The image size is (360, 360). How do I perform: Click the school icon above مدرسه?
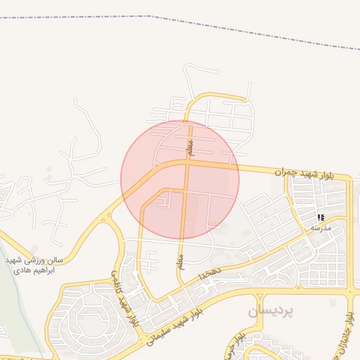point(321,217)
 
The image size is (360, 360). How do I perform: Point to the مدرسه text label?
point(320,228)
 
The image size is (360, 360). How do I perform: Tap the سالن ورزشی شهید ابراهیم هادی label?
point(34,264)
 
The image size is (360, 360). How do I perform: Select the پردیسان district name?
point(270,309)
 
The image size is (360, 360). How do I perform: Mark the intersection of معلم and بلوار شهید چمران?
point(188,162)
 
